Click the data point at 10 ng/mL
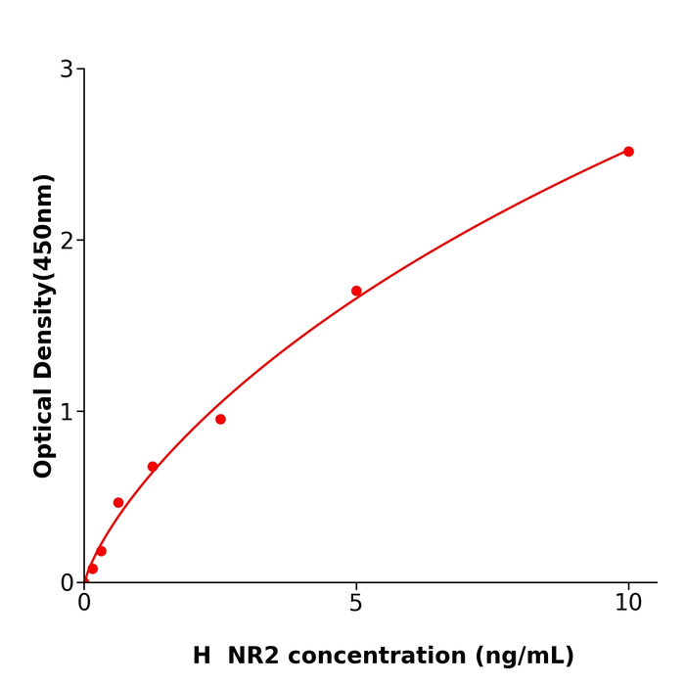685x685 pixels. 628,152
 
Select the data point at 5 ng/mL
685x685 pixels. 356,291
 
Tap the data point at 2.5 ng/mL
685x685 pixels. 220,420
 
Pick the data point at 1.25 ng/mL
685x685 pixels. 153,467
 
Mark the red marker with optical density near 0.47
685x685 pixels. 118,503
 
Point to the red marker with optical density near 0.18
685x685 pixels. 101,551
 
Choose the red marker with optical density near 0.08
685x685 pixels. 93,569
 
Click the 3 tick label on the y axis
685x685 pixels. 67,69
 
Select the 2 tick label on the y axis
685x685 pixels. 67,241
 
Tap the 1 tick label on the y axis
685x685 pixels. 67,412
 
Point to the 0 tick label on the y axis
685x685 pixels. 67,583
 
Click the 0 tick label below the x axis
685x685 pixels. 84,604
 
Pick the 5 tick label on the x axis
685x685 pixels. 356,604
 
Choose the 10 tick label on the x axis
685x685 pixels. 628,604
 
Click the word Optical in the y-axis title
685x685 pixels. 44,432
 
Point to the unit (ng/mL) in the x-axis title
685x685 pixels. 525,657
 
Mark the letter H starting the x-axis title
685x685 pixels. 202,657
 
